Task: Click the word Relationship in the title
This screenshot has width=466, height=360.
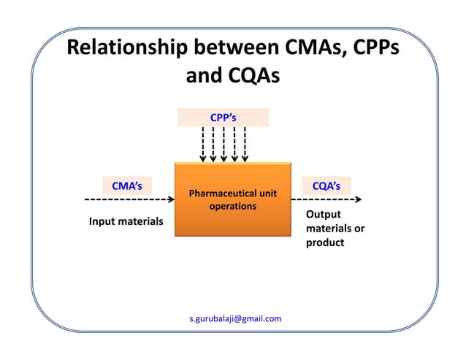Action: pos(126,49)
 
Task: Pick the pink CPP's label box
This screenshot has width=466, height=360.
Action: pos(223,117)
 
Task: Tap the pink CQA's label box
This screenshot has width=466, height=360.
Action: pos(326,185)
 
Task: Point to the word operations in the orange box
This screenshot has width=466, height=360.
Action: pos(233,207)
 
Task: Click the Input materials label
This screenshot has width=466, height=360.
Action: pos(126,221)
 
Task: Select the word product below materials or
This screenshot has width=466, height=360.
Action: pos(324,242)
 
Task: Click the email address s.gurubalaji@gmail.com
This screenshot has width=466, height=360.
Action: pos(234,319)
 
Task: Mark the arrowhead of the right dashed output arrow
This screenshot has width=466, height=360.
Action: pos(358,199)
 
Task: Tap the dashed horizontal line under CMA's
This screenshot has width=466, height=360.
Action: pos(129,199)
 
